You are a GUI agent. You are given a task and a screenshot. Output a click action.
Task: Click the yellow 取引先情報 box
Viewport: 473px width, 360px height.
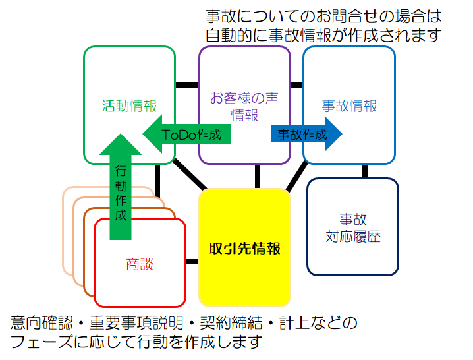[244, 249]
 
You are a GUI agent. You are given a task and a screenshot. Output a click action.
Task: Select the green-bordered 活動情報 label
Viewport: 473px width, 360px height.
[129, 105]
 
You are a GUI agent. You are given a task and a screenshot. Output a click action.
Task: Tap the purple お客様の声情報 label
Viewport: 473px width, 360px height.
[244, 106]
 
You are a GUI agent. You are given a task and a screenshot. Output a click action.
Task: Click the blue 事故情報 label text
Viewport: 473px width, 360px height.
[349, 105]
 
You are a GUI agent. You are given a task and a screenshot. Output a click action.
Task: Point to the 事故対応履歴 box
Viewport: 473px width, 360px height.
[353, 227]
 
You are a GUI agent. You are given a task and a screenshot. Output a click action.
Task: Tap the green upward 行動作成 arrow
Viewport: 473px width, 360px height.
[121, 191]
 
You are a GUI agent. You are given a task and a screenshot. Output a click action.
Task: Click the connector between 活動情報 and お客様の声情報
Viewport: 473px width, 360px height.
[187, 85]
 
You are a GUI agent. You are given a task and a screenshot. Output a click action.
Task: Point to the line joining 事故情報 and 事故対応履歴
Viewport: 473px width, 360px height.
[365, 171]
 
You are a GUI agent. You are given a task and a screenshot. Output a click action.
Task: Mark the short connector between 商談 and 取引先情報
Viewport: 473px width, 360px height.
[192, 262]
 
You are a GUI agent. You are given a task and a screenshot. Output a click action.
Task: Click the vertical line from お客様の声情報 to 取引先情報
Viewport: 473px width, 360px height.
[258, 176]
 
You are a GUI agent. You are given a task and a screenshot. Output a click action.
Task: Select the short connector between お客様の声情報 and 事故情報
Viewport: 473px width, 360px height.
[297, 85]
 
